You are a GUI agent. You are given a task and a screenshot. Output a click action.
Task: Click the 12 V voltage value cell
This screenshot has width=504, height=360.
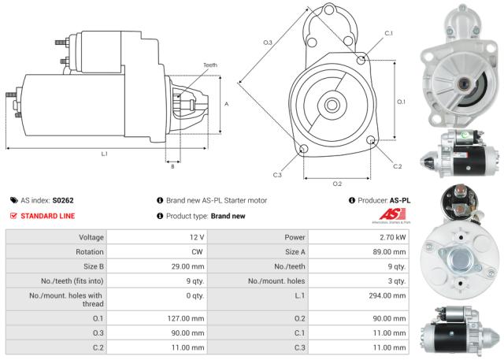pyautogui.click(x=194, y=237)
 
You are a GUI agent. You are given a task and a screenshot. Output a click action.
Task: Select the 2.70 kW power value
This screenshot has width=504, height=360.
pyautogui.click(x=391, y=237)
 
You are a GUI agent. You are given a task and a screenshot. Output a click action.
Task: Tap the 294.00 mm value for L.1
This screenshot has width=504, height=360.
pyautogui.click(x=387, y=296)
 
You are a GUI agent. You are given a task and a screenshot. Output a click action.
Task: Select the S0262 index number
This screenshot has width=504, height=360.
pyautogui.click(x=63, y=201)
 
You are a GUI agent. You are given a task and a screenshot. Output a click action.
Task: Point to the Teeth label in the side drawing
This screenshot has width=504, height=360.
pyautogui.click(x=210, y=65)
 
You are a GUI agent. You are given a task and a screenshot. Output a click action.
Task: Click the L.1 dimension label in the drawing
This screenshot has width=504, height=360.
pyautogui.click(x=105, y=154)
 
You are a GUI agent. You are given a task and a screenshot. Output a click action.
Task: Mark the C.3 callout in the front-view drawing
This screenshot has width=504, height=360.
pyautogui.click(x=278, y=174)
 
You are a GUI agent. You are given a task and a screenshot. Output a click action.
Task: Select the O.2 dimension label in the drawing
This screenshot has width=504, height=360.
pyautogui.click(x=337, y=184)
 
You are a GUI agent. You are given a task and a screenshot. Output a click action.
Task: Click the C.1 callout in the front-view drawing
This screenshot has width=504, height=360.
pyautogui.click(x=388, y=33)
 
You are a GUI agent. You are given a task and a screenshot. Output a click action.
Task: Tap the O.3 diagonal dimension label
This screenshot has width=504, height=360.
pyautogui.click(x=268, y=42)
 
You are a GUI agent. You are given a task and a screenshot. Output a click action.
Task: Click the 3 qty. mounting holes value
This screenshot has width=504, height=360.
pyautogui.click(x=394, y=281)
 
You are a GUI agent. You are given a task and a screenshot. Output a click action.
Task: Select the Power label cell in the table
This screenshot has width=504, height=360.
pyautogui.click(x=295, y=237)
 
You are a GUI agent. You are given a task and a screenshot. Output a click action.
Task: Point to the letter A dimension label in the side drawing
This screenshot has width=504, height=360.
pyautogui.click(x=227, y=104)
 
